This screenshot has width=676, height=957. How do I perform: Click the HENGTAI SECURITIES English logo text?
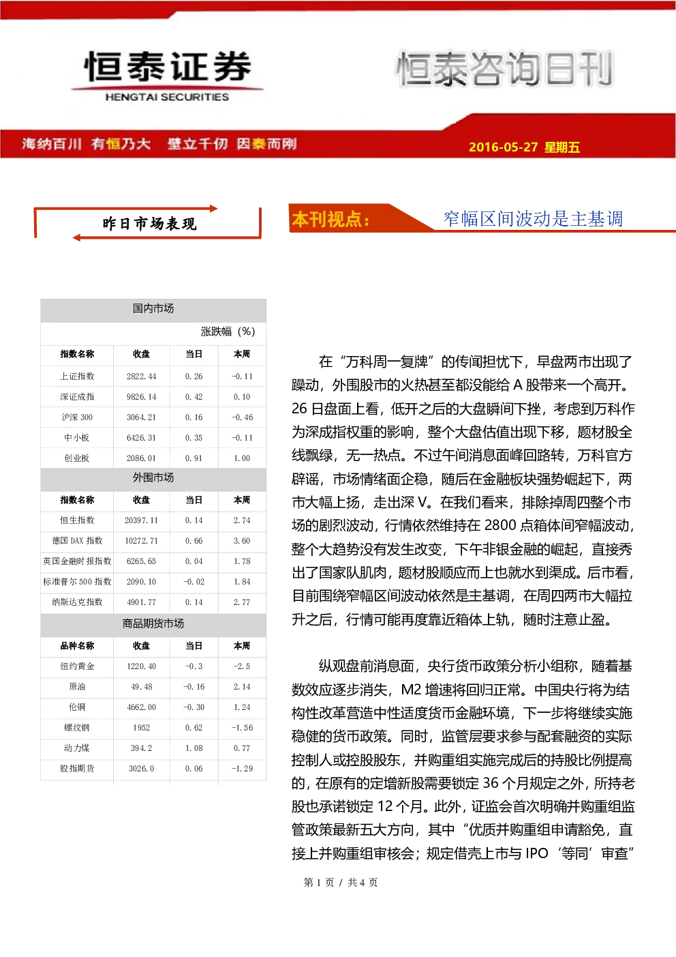(x=167, y=97)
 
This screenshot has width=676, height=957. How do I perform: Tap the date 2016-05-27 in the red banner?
(x=503, y=147)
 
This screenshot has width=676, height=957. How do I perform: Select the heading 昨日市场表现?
(x=149, y=224)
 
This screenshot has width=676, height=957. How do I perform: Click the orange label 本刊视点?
(x=331, y=220)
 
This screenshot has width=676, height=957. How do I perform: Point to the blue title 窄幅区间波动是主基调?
(x=533, y=219)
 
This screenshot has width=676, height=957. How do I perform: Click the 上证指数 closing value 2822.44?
(x=141, y=377)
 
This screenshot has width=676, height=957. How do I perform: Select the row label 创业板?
(x=77, y=458)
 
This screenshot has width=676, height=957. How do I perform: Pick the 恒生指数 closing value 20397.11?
(x=141, y=520)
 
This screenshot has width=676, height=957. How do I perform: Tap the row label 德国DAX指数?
(x=77, y=541)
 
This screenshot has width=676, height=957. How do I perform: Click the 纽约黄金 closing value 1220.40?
(x=141, y=666)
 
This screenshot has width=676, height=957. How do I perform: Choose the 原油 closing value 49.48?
(x=141, y=687)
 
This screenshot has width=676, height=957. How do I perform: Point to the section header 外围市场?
(x=153, y=477)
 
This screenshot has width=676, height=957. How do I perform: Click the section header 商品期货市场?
(x=153, y=623)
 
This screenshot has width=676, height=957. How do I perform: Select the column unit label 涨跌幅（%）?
(x=228, y=332)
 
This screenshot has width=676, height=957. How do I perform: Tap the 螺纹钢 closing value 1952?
(x=141, y=728)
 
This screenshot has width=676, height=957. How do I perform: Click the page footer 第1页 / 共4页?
(x=341, y=883)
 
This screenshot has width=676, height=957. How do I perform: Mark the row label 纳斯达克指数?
(x=77, y=602)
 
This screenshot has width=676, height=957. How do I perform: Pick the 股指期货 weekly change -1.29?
(x=242, y=769)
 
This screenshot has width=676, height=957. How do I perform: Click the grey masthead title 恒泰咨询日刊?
(x=505, y=68)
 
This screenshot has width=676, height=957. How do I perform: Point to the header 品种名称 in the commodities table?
(x=77, y=646)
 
